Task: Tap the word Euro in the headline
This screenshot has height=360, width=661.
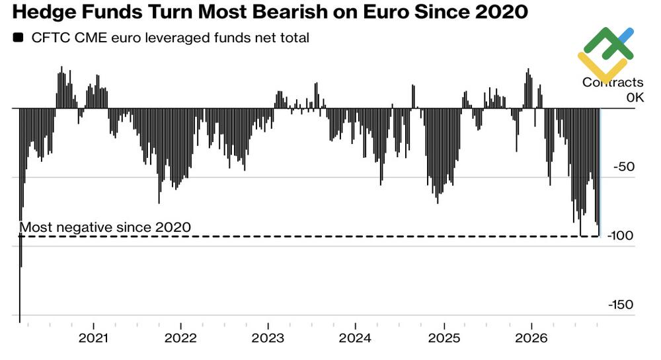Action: tap(384, 12)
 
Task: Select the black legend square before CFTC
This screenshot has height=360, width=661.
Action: tap(18, 38)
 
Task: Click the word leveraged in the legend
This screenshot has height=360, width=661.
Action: tap(177, 38)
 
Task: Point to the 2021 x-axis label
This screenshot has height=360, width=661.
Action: tap(93, 338)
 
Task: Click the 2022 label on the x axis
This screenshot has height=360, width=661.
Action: tap(180, 338)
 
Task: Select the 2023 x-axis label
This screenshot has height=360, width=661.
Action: tap(268, 338)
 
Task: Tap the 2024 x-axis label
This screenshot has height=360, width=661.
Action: tap(356, 338)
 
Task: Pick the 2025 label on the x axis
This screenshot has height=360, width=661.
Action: tap(444, 338)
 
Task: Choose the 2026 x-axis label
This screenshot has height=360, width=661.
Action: tap(531, 338)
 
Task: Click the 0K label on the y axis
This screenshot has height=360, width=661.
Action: tap(635, 97)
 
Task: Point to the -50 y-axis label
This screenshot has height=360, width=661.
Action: tap(624, 166)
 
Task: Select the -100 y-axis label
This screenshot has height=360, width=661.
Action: tap(620, 235)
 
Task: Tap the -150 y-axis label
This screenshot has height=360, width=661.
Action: tap(621, 304)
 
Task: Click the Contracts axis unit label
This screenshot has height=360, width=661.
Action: tap(613, 82)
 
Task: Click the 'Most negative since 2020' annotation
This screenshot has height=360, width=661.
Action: tap(105, 227)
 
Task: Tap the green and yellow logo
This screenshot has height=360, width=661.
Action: tap(605, 54)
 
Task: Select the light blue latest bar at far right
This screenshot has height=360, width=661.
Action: tap(600, 172)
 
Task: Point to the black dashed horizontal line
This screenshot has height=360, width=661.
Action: tap(309, 236)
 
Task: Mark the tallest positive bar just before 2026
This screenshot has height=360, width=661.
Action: tap(527, 88)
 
